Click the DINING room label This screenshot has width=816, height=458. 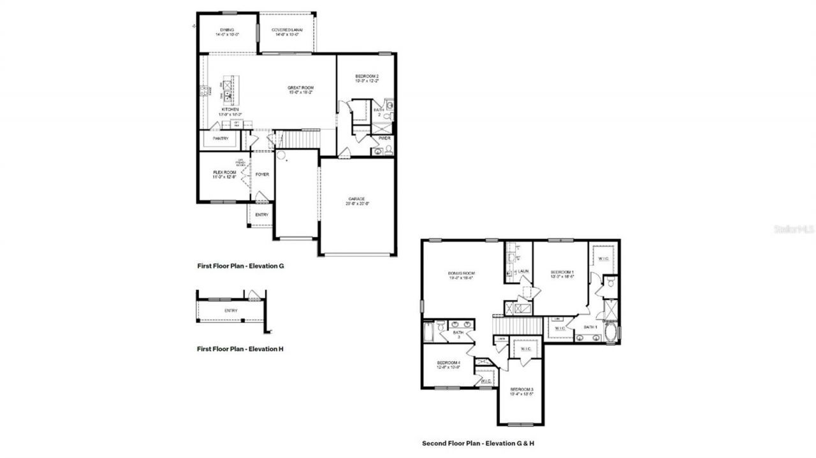(x=227, y=30)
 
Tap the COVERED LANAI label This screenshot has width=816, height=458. (x=287, y=30)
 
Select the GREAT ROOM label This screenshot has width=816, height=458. (x=301, y=88)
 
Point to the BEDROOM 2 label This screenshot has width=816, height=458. (x=367, y=76)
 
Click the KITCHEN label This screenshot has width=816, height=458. (x=230, y=110)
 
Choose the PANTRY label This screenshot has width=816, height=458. (x=221, y=138)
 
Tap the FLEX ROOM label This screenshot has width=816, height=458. (x=224, y=172)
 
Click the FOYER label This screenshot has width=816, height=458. (x=261, y=174)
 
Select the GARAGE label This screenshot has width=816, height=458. (x=356, y=199)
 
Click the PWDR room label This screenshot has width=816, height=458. (x=384, y=138)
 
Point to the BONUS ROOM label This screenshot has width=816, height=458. (x=461, y=273)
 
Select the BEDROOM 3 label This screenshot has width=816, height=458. (x=521, y=389)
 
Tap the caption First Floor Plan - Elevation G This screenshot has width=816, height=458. (x=240, y=266)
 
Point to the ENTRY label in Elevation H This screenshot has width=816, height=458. (x=231, y=311)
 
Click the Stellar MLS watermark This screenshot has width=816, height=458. (x=794, y=229)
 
